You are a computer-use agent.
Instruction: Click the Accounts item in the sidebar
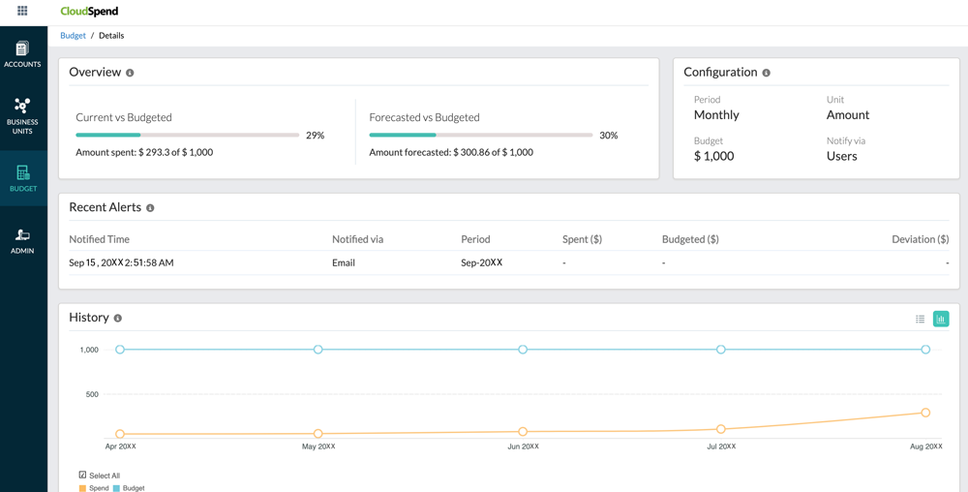pos(22,54)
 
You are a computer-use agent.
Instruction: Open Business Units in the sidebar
pos(22,115)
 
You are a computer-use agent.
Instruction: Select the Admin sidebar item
pos(22,241)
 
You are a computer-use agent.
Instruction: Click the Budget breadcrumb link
pos(73,36)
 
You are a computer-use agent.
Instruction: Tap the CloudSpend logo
pos(89,12)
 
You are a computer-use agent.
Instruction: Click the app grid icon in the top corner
pos(22,11)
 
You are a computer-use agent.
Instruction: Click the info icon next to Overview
pos(130,73)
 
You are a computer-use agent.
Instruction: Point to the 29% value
pos(315,136)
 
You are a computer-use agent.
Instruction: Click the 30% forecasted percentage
pos(608,136)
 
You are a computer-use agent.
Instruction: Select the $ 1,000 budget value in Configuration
pos(713,156)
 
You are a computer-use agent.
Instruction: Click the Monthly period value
pos(716,114)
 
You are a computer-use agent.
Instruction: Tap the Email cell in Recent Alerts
pos(344,262)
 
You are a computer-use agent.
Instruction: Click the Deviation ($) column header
pos(920,239)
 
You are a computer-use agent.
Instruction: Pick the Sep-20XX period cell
pos(481,262)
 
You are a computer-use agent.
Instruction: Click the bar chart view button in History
pos(941,319)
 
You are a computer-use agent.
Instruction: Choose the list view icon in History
pos(921,319)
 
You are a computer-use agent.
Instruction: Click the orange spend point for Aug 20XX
pos(925,413)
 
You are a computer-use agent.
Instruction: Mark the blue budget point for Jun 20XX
pos(523,350)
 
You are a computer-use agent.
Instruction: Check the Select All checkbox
pos(82,475)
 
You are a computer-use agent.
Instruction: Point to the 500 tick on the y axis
pos(92,394)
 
